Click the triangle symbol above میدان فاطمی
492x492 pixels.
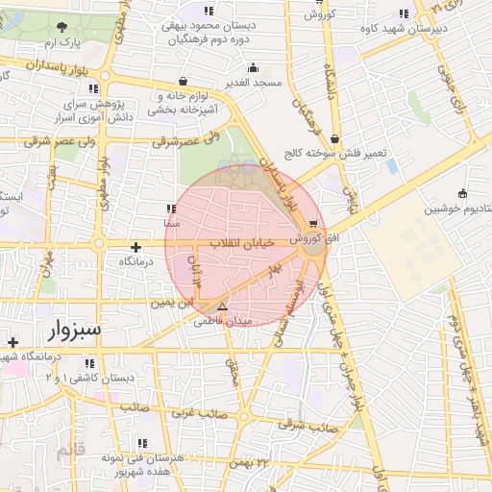[x=223, y=307]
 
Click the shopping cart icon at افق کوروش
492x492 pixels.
[x=314, y=224]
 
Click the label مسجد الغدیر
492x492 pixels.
[x=253, y=83]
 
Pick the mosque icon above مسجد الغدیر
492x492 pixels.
[x=253, y=67]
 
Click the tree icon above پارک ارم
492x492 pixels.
[x=62, y=27]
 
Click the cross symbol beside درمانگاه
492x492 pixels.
[x=135, y=247]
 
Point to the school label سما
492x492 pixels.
[x=170, y=222]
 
